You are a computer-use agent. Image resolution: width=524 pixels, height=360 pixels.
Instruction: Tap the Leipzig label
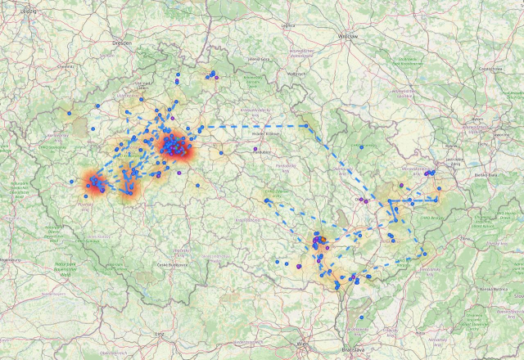tap(29, 11)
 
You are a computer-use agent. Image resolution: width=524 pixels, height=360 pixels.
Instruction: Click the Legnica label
tap(287, 25)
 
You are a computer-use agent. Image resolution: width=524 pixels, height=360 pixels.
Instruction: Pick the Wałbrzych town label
tap(296, 74)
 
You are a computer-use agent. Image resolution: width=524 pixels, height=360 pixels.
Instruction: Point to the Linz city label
tap(159, 334)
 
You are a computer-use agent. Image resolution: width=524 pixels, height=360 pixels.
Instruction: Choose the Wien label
tap(304, 344)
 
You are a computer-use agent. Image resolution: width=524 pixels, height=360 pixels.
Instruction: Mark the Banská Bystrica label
tap(506, 289)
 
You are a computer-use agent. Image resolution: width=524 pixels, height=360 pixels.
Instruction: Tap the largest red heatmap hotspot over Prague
tap(174, 148)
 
